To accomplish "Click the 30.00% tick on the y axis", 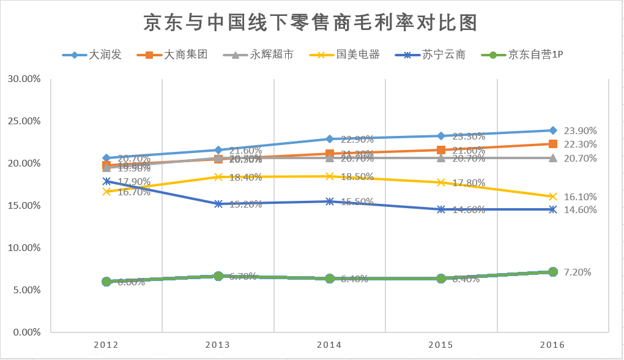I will pos(24,78).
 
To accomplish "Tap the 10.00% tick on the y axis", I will pos(24,248).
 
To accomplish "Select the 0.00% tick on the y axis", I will pos(26,332).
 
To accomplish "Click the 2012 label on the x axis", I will pos(106,345).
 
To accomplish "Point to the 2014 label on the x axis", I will pos(329,345).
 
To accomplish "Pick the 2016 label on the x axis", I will pos(552,345).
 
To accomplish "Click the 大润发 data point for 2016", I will pos(553,130).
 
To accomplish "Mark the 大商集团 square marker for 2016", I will pos(553,144).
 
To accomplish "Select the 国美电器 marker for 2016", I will pos(553,197).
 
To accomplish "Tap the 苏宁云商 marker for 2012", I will pos(106,181).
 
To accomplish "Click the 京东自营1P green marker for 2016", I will pos(553,272).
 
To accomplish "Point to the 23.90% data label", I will pos(580,130).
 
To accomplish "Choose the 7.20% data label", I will pos(578,272).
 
